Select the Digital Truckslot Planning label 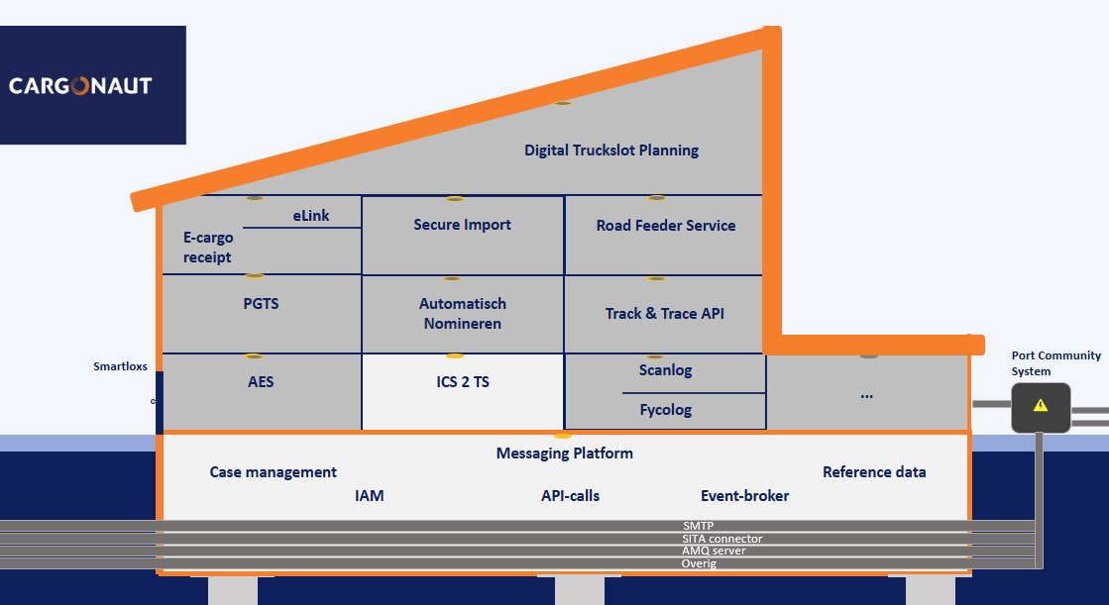[x=611, y=151]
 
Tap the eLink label [x=311, y=216]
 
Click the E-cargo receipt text [x=208, y=248]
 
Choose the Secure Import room [x=463, y=236]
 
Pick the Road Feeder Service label [x=666, y=226]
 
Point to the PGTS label [x=261, y=304]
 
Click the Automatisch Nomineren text [x=463, y=314]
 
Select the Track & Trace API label [x=664, y=314]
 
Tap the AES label [x=261, y=381]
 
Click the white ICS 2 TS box [x=463, y=391]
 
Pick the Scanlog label [x=666, y=370]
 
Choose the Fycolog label [x=666, y=410]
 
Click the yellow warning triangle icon [x=1040, y=406]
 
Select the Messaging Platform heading [x=564, y=454]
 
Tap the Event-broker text [x=744, y=496]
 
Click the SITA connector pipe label [x=722, y=539]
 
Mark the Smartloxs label [x=120, y=366]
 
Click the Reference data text [x=874, y=472]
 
